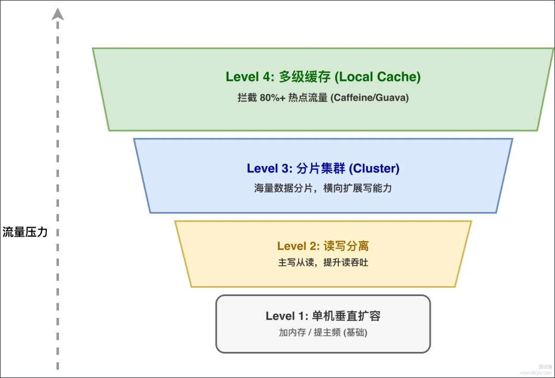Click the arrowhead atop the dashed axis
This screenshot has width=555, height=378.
[x=57, y=14]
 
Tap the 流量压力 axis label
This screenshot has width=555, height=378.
[x=25, y=232]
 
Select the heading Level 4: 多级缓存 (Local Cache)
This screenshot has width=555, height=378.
[x=323, y=77]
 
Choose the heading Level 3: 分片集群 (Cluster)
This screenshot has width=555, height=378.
[x=323, y=169]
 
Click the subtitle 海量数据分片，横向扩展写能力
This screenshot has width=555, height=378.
[x=323, y=188]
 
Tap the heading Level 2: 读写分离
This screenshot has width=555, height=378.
[x=323, y=246]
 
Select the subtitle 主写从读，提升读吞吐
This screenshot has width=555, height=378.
[x=323, y=263]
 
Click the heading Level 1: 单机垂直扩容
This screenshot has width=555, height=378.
[x=323, y=316]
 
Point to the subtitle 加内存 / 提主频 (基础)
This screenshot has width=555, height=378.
[x=323, y=333]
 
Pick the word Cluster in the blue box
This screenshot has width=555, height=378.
[x=374, y=169]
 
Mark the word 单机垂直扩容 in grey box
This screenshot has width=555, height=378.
[x=346, y=316]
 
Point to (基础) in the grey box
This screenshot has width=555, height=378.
[x=355, y=333]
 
